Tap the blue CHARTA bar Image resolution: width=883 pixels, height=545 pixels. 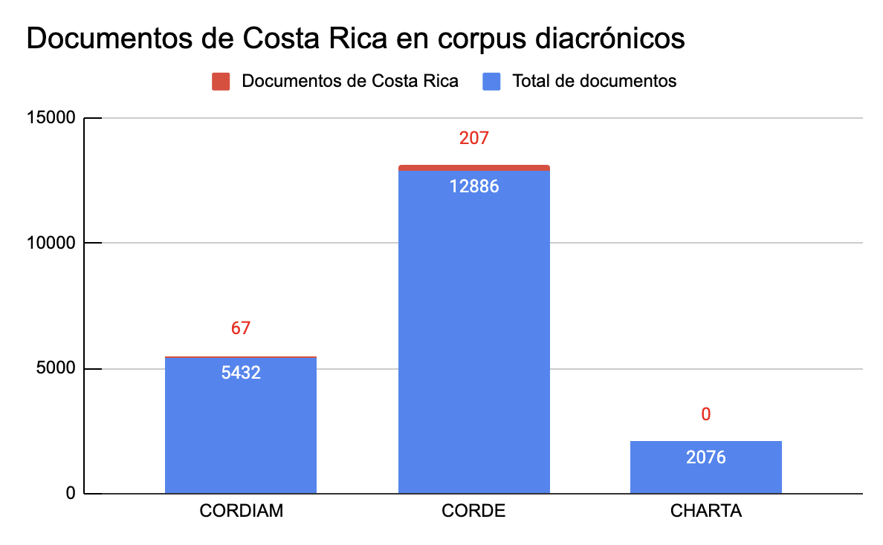click(x=705, y=475)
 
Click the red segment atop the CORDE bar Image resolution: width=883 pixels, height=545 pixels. click(x=473, y=168)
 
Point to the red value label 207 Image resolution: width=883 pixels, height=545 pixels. click(x=473, y=138)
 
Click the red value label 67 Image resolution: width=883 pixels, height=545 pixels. click(x=240, y=328)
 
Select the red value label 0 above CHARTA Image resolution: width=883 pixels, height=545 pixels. click(x=705, y=414)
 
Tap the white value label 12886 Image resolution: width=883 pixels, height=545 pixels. click(x=473, y=186)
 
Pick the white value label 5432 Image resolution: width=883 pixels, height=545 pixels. click(x=241, y=373)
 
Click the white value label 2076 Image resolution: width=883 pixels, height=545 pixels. click(x=705, y=457)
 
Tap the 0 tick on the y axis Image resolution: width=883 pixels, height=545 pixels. click(x=71, y=493)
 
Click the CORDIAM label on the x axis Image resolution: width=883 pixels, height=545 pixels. click(x=241, y=512)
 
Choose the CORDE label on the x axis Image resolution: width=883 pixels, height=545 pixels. click(x=473, y=512)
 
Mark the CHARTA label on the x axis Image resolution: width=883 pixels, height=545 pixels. click(x=705, y=512)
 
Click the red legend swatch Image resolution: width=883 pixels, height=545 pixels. click(x=221, y=81)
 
